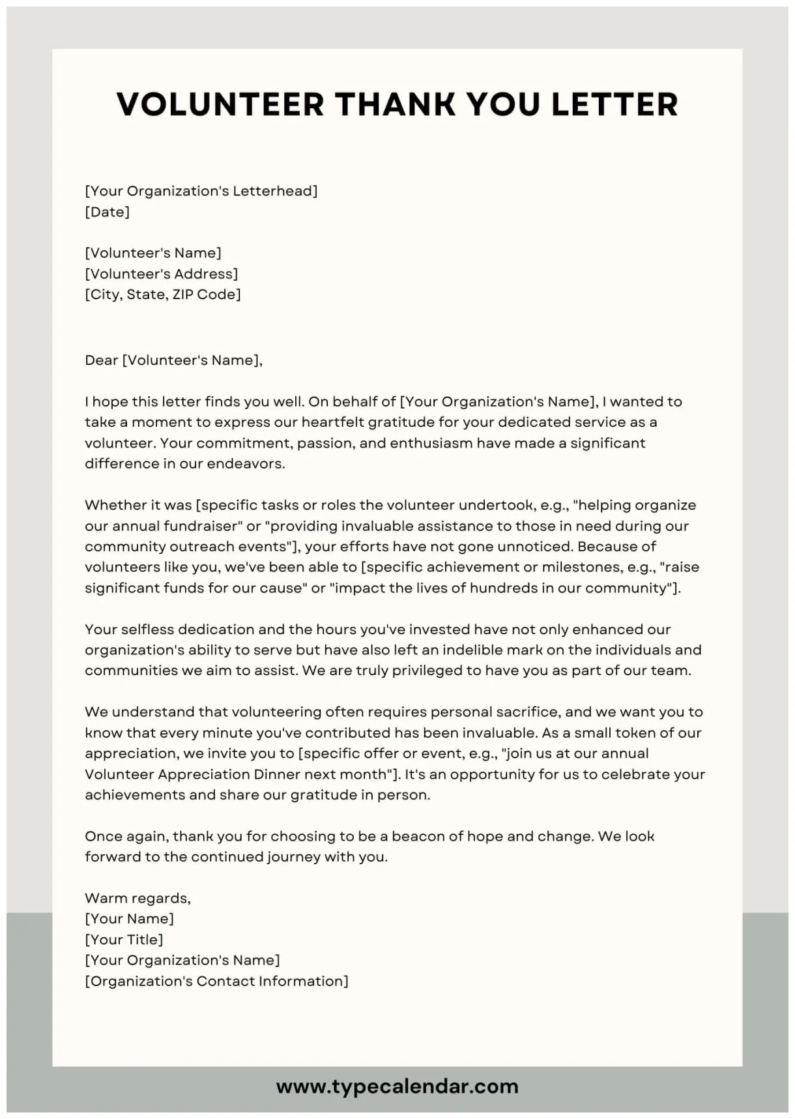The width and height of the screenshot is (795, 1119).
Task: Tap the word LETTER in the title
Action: [615, 104]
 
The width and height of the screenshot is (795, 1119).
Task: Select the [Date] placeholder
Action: [108, 212]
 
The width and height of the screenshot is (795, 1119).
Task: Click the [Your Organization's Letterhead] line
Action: [201, 191]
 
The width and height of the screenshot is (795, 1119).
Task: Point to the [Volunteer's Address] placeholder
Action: [162, 274]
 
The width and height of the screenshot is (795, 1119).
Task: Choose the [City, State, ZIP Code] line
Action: [163, 295]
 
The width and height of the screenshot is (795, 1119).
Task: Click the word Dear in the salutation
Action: [101, 360]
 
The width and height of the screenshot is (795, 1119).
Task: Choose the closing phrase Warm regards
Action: [137, 898]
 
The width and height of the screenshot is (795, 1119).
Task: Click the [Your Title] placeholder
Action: [124, 940]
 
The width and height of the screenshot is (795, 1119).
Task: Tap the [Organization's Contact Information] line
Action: [216, 981]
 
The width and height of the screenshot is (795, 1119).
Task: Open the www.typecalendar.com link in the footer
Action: [397, 1086]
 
